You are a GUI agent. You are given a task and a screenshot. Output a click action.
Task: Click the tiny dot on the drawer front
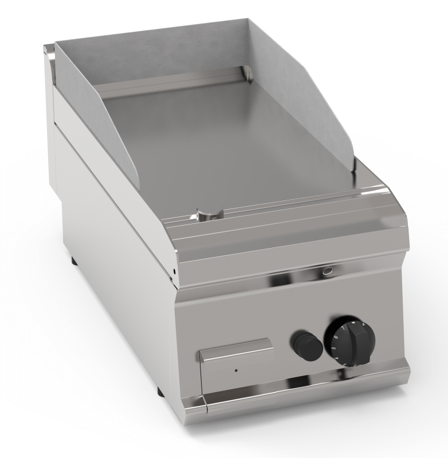[x=235, y=371]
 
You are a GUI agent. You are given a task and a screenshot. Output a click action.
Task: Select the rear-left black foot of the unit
[x=74, y=262]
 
